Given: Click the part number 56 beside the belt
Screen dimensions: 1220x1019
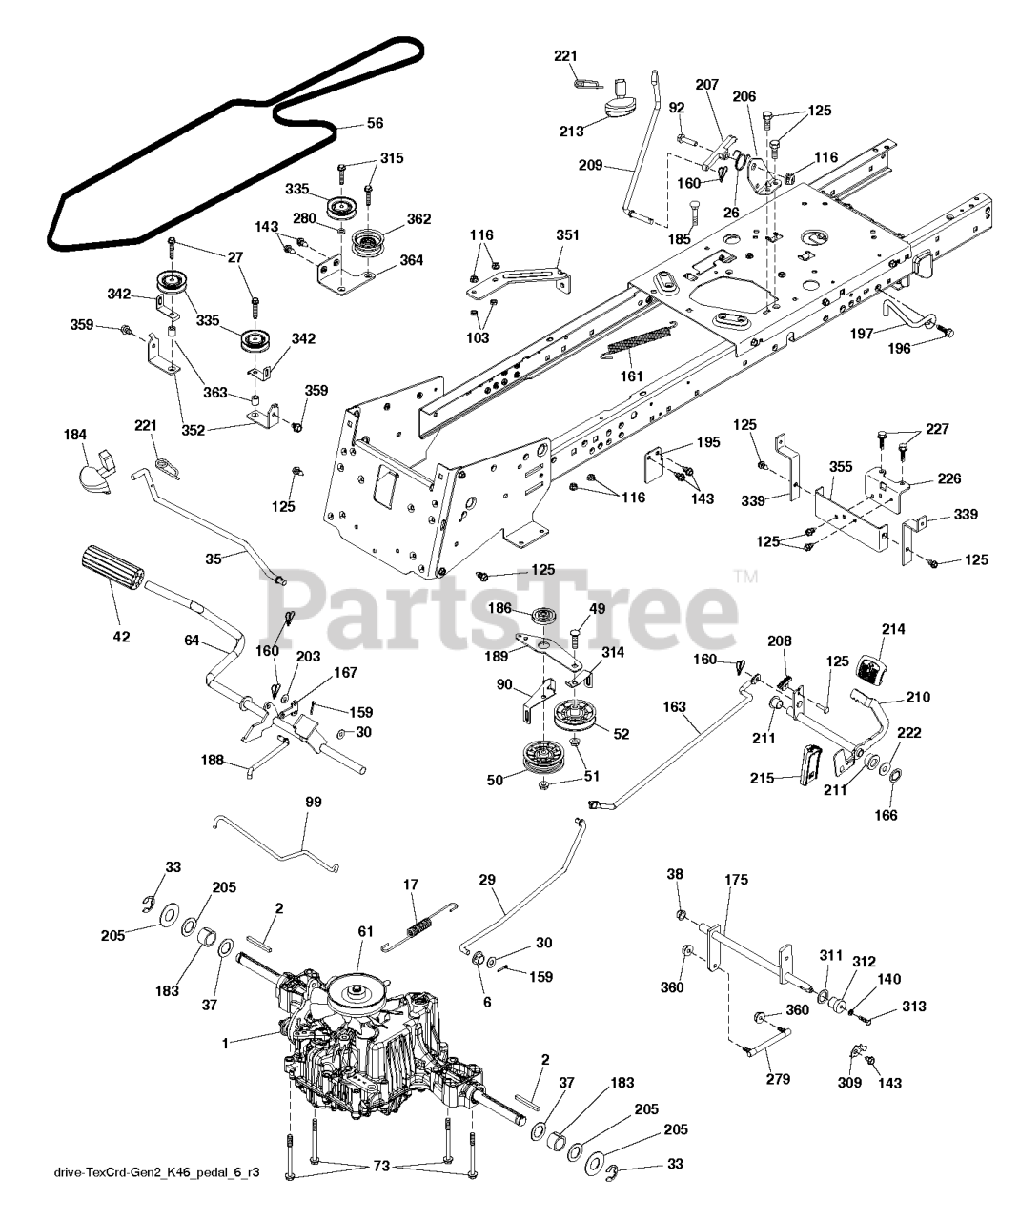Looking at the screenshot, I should [375, 123].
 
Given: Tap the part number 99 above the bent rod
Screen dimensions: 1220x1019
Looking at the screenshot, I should [314, 803].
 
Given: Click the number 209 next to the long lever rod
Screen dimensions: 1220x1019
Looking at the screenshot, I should [591, 165].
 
